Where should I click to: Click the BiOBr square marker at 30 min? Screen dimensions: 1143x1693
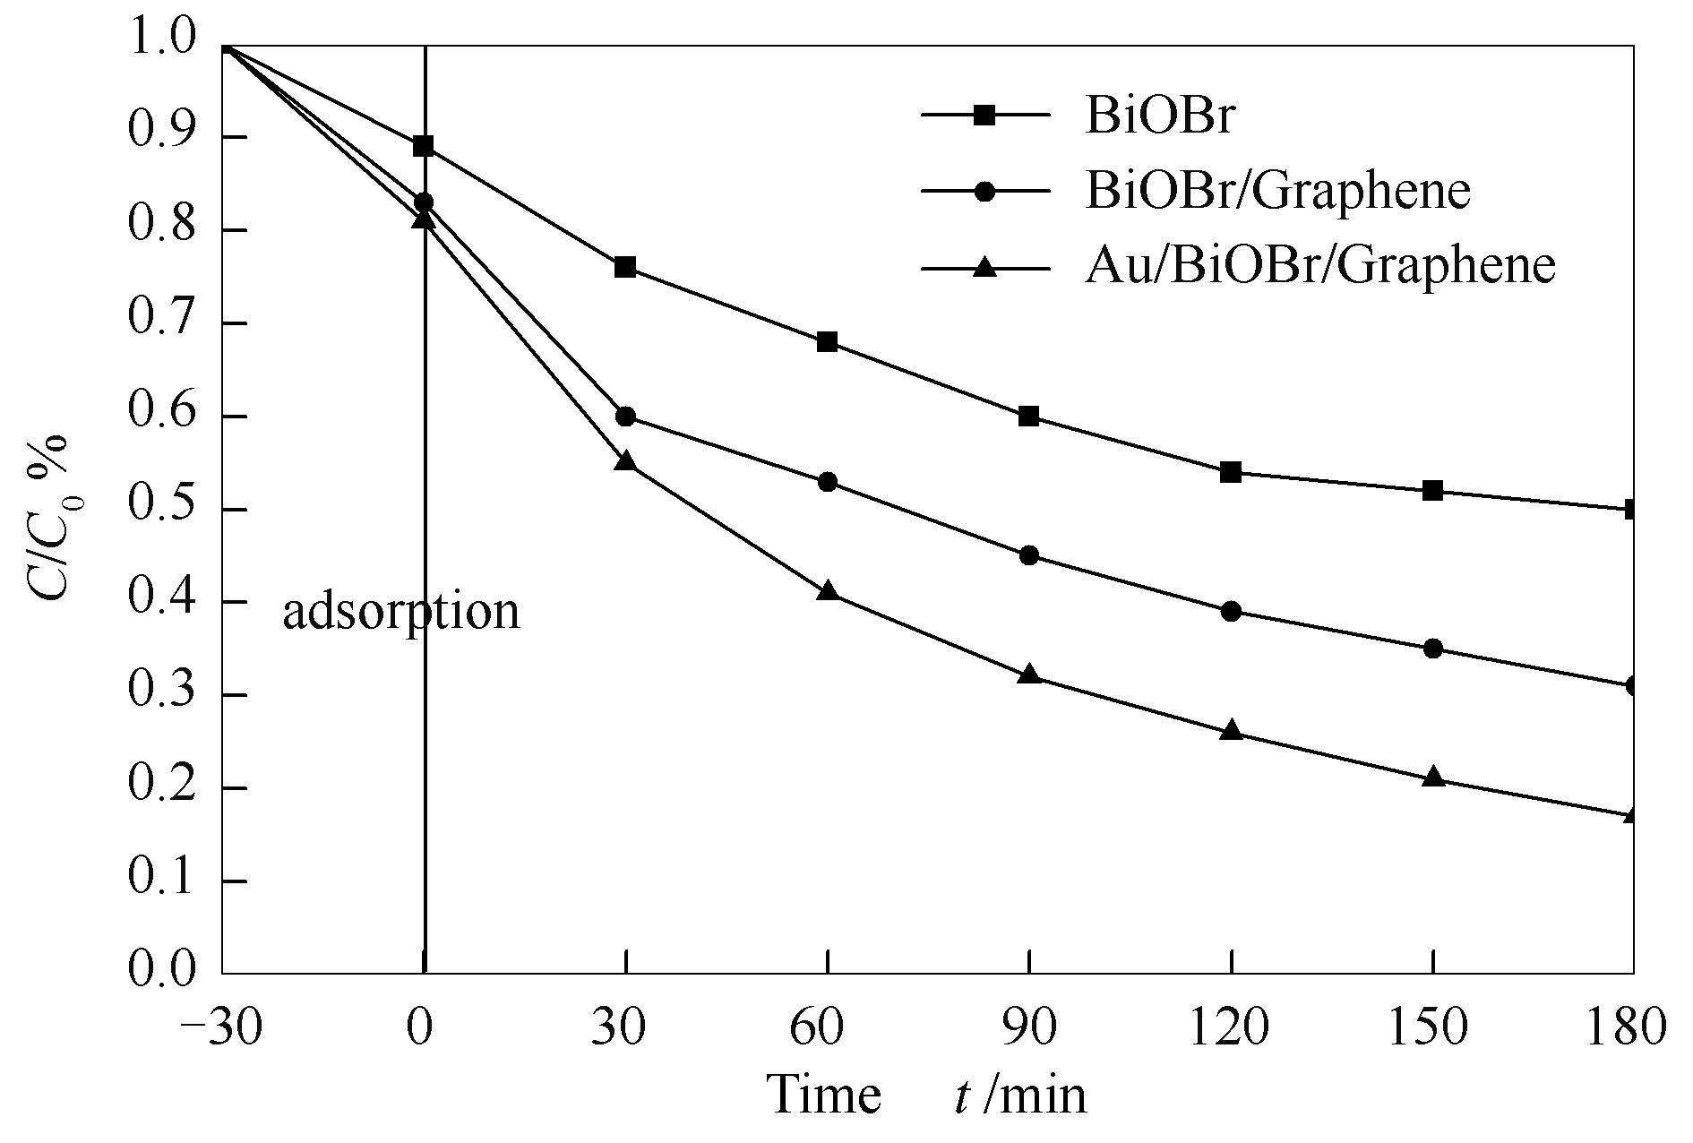[625, 268]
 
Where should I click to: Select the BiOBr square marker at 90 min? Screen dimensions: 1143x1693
[1029, 417]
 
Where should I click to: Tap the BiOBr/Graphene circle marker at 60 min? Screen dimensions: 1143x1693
[828, 482]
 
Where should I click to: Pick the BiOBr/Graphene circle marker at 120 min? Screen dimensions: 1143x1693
[1231, 612]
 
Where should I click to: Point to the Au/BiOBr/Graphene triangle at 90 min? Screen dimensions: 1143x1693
[1029, 675]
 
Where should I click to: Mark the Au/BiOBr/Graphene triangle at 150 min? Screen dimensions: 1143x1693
[1433, 777]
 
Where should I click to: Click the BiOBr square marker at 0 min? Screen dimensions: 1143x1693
[424, 147]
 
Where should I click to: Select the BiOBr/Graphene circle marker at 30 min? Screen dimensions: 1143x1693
[625, 417]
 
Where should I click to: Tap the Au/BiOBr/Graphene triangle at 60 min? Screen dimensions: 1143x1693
[828, 591]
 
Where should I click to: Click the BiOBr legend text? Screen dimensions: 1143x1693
[1159, 116]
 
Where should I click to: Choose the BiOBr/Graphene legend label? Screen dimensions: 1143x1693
[1277, 191]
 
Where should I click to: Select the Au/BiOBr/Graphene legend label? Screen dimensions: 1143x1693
[1319, 265]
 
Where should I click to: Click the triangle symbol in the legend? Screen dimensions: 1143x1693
[984, 266]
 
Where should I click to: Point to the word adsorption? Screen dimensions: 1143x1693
[400, 612]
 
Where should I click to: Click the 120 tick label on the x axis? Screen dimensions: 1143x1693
[1231, 1027]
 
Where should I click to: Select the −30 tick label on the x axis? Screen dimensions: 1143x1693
[220, 1027]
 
